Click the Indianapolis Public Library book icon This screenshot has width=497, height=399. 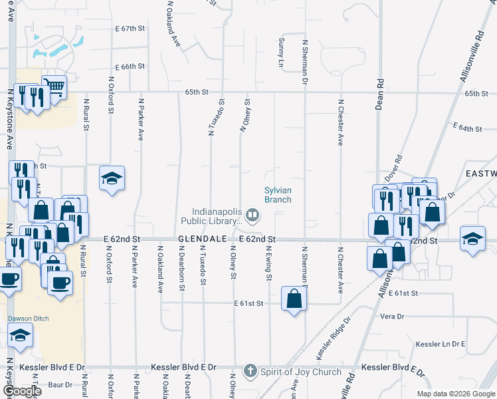(252, 215)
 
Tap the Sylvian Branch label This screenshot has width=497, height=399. (278, 194)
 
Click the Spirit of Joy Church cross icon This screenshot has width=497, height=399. (250, 371)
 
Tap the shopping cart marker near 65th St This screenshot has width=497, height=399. (54, 85)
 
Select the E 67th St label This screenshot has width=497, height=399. (129, 29)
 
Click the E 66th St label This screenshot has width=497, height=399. (129, 67)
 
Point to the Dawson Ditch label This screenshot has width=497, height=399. (25, 318)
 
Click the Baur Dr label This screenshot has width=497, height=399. (60, 384)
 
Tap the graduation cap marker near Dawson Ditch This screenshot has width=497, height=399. (21, 336)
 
